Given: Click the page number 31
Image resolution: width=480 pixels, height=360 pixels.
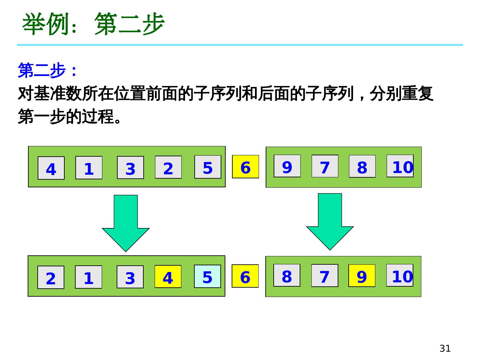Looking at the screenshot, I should click(445, 348).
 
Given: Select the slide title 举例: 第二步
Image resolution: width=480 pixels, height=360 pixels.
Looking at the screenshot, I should click(93, 24).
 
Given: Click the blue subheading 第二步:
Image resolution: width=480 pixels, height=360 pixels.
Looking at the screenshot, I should click(47, 70).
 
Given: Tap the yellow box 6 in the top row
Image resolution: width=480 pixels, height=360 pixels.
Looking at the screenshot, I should click(245, 167).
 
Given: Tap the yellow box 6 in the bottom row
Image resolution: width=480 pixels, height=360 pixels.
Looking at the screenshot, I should click(245, 276).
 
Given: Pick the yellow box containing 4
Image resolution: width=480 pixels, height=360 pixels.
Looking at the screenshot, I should click(168, 277).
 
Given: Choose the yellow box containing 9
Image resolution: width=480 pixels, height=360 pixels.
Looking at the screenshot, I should click(362, 276).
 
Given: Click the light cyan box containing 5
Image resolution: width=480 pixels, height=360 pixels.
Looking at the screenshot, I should click(207, 276).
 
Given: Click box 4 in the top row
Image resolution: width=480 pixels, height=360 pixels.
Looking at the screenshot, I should click(51, 168).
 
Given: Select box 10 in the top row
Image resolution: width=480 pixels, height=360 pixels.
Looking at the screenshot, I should click(400, 166).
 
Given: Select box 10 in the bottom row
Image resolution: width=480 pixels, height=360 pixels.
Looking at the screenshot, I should click(400, 275).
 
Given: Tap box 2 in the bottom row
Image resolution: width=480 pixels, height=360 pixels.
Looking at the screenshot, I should click(51, 277).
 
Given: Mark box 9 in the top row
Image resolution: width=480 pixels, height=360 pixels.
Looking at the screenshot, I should click(287, 166).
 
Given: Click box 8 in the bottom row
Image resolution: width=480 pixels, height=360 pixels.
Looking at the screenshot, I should click(287, 275).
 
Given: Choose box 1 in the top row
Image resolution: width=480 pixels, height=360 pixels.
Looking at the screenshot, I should click(89, 168).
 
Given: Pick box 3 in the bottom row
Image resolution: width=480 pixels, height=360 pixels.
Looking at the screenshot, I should click(130, 277).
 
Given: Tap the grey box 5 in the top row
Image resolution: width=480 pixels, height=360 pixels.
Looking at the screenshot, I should click(208, 167).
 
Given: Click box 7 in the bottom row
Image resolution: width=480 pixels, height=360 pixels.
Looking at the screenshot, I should click(324, 276).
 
